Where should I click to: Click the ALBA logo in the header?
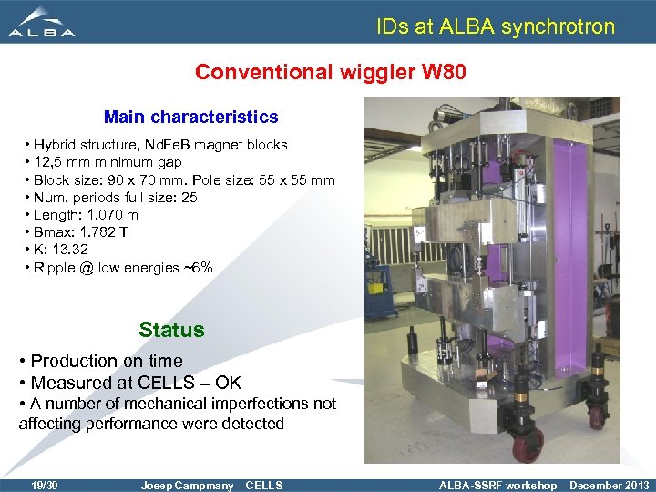42,22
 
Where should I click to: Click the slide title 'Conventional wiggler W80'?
331,71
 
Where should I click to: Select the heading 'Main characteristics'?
190,117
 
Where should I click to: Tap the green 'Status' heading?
171,330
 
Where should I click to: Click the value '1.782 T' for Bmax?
108,232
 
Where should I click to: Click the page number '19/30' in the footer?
44,485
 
